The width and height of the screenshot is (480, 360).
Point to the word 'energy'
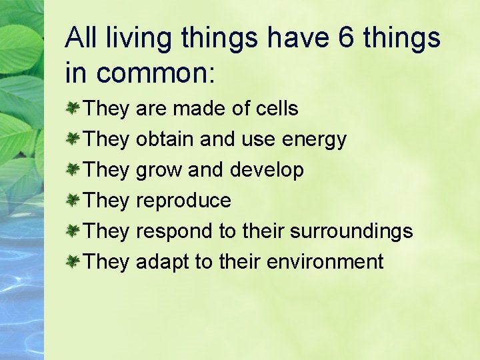(x=315, y=139)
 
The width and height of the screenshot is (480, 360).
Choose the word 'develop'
(x=267, y=170)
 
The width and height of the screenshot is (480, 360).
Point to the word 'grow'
(x=159, y=171)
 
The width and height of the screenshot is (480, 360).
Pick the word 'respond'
(x=174, y=232)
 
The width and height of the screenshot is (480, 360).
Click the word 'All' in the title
(x=80, y=39)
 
